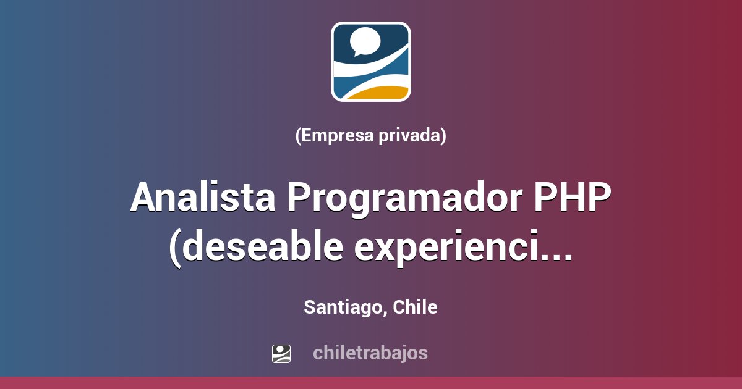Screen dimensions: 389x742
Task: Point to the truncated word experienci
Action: (451, 248)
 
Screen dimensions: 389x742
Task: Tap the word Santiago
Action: (344, 307)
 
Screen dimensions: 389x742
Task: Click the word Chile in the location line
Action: (416, 307)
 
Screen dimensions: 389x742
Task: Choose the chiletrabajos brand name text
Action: (370, 353)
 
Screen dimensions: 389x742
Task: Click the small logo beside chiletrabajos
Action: (281, 353)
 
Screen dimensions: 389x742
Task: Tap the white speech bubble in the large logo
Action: (365, 41)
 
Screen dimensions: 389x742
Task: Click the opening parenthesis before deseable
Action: (176, 248)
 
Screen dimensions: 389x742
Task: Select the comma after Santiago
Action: (385, 312)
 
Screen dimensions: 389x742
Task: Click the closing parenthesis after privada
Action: (443, 135)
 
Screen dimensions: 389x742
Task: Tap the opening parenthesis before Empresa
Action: (299, 135)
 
